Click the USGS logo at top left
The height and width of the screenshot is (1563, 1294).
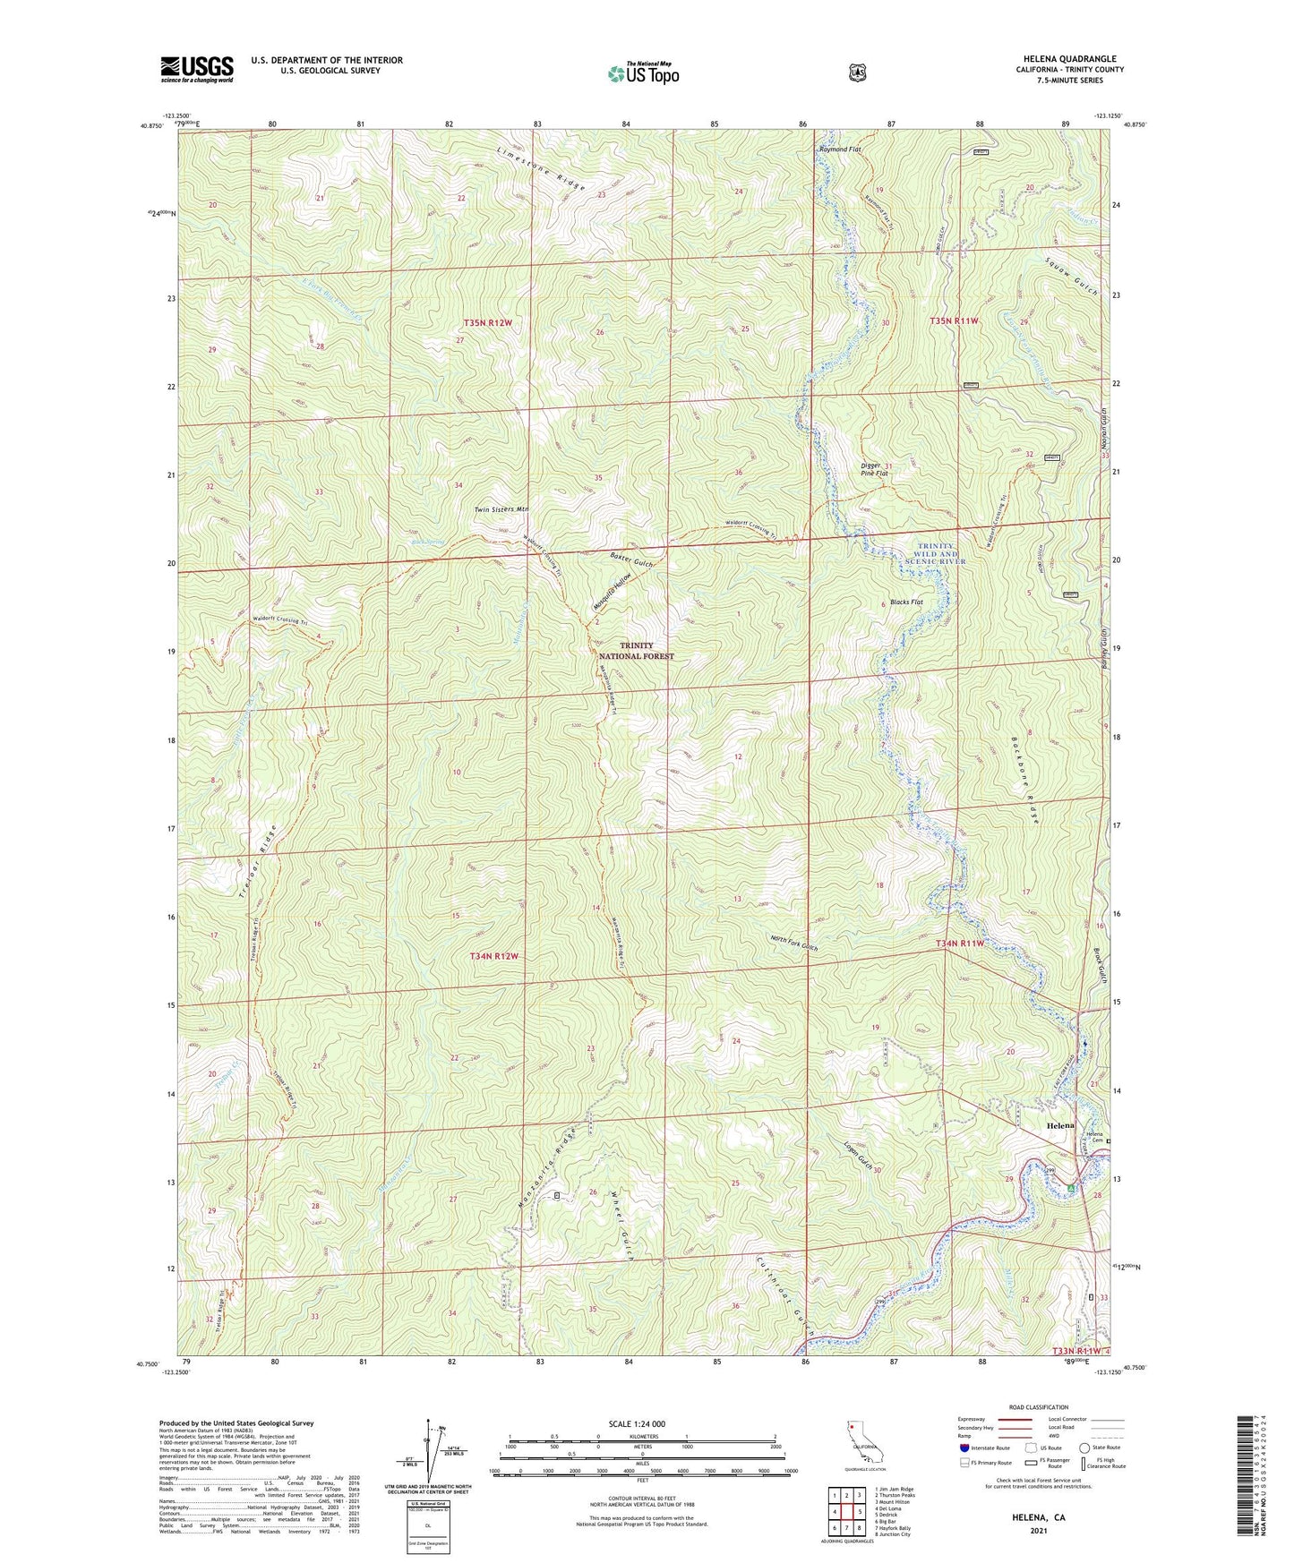[197, 69]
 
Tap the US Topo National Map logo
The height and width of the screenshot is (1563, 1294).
[643, 73]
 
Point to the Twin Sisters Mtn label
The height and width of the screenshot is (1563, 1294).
[501, 508]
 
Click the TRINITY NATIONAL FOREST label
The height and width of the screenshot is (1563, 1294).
[636, 651]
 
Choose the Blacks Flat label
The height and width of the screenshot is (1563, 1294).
[906, 602]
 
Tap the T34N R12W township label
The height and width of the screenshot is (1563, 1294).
[494, 956]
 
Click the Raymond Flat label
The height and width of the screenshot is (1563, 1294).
[839, 149]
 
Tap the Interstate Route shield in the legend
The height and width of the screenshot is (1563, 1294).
[963, 1448]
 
